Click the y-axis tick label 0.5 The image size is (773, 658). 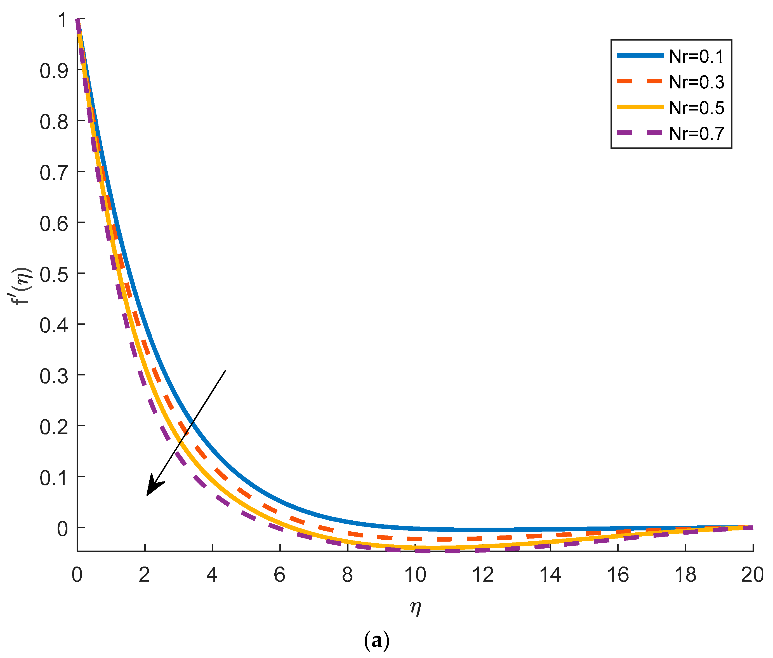tap(54, 275)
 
